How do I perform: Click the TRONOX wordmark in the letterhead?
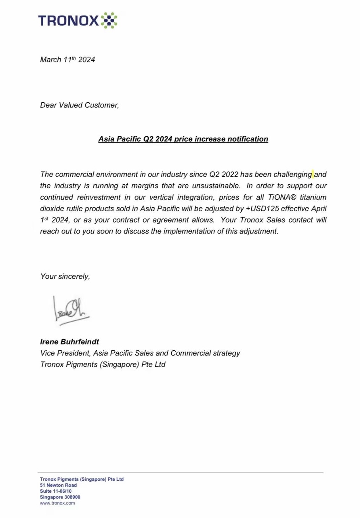tap(69, 20)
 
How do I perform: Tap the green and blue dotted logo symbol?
tap(109, 20)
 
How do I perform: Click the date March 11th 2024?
tap(67, 60)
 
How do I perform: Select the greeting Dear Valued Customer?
tap(79, 105)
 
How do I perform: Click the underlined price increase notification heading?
tap(183, 139)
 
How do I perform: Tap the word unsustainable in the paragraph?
tap(216, 186)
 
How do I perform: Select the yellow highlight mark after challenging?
tap(313, 174)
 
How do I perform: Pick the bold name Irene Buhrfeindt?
tap(70, 342)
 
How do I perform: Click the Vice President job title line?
tap(140, 353)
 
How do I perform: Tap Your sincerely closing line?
tap(65, 276)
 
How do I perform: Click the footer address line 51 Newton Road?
tap(58, 485)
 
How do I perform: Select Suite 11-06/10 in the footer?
tap(56, 491)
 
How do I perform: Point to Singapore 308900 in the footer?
tap(60, 497)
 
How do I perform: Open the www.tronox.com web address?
tap(57, 503)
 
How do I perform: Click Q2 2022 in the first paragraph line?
tap(224, 174)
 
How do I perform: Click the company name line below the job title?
tap(103, 365)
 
